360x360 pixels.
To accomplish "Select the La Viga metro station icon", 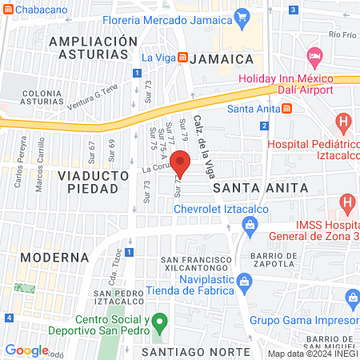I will coord(184,58).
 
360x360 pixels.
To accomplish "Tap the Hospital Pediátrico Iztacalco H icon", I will coord(344,124).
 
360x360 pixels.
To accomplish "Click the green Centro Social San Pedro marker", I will coord(158,324).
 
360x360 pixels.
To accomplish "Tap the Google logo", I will coord(26,350).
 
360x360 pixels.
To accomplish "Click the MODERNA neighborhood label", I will coord(54,257).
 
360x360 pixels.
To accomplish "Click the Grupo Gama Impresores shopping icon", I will coord(352,298).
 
